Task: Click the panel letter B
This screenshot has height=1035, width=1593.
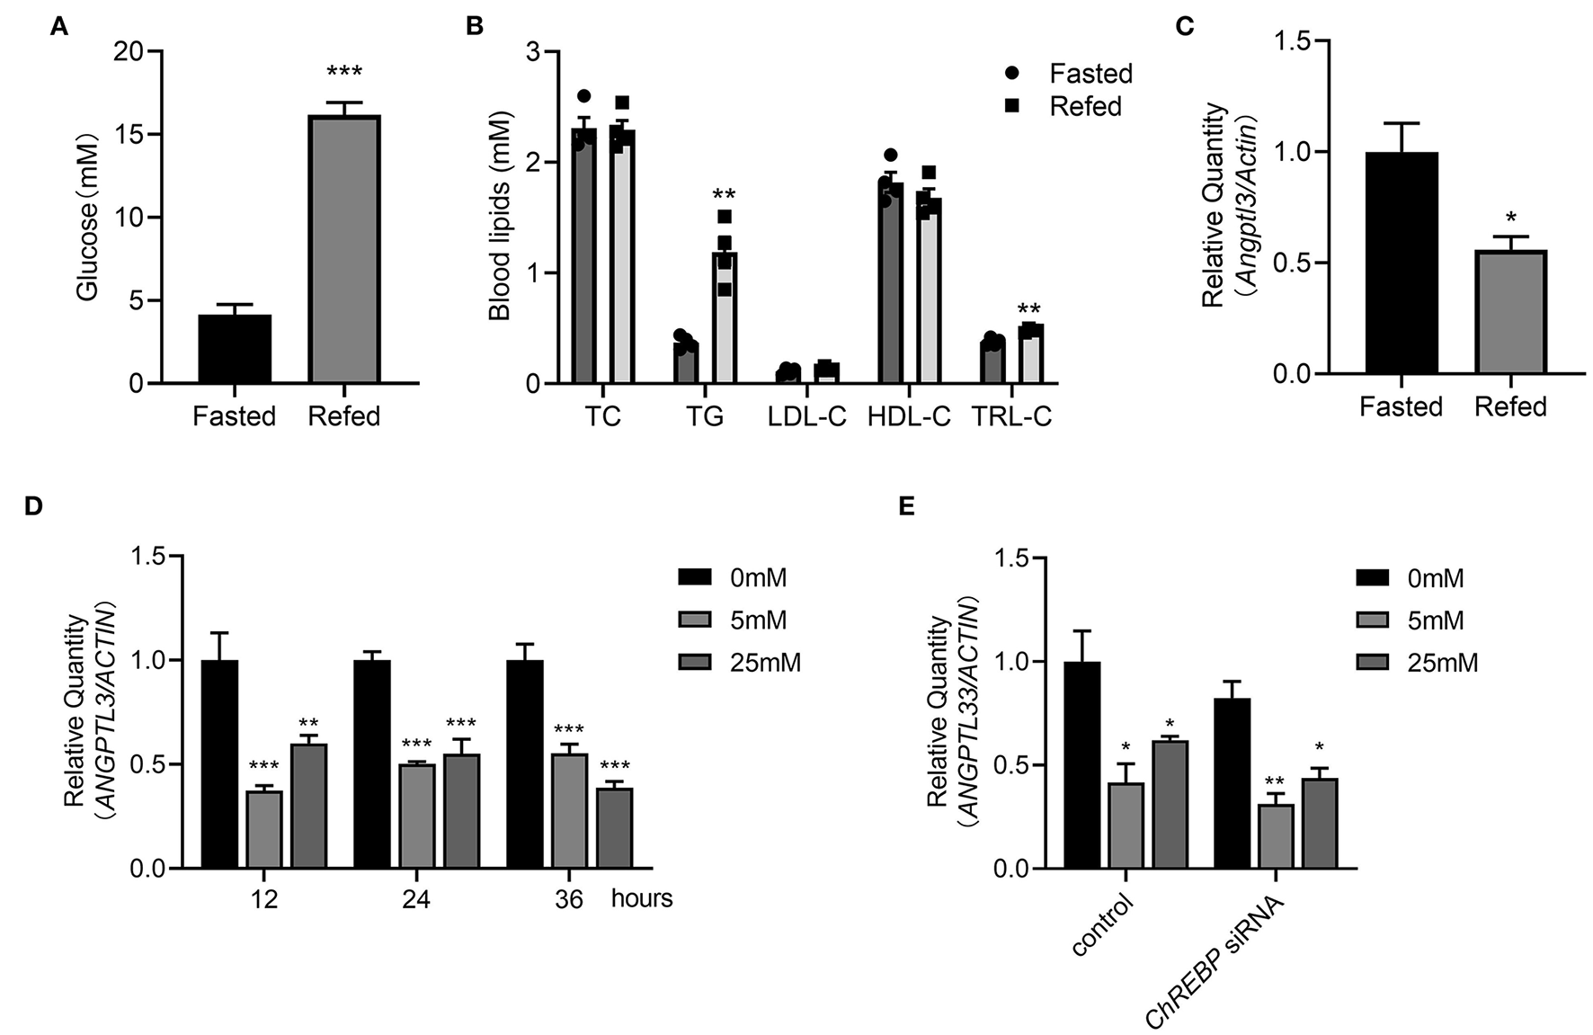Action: [474, 26]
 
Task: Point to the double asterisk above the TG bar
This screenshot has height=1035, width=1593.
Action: [725, 194]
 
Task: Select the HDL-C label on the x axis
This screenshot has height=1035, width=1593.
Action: [909, 417]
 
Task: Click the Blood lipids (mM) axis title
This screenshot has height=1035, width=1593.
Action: [500, 216]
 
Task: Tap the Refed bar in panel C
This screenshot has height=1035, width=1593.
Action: [1510, 311]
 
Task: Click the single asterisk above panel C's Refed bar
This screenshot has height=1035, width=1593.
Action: [1511, 219]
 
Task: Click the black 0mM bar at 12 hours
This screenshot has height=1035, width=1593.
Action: [219, 763]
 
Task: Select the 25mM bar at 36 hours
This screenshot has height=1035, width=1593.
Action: [614, 828]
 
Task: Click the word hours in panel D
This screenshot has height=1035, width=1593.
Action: [642, 897]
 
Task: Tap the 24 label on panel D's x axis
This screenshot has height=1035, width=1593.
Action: [416, 898]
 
